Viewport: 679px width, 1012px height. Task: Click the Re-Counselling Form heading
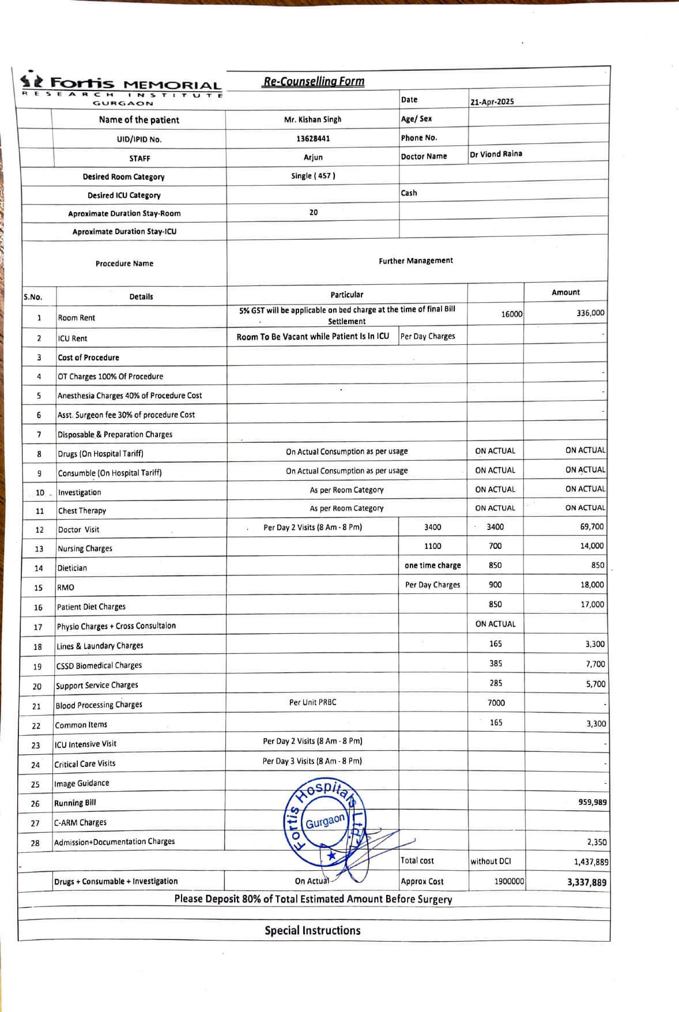click(x=313, y=81)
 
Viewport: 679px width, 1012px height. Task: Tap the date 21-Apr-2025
click(x=492, y=101)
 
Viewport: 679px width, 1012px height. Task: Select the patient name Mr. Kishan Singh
click(x=312, y=119)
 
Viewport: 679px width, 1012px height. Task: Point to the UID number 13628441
click(x=313, y=138)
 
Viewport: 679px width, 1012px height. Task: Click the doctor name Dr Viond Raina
click(x=496, y=154)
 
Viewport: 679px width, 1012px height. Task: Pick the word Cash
click(x=409, y=193)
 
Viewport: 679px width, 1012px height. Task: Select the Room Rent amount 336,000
click(x=590, y=313)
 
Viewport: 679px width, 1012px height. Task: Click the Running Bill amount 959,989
click(x=592, y=802)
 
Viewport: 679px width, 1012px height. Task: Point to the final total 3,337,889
click(x=586, y=882)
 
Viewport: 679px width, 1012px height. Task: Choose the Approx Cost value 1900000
click(x=509, y=882)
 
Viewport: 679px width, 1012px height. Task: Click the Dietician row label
click(x=72, y=568)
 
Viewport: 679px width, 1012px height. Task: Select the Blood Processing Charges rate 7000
click(x=496, y=702)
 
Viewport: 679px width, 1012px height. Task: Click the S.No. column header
click(x=33, y=297)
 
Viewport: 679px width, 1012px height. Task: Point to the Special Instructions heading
click(x=312, y=930)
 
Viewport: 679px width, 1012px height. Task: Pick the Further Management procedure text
click(x=416, y=261)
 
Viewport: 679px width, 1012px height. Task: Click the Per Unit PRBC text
click(x=312, y=702)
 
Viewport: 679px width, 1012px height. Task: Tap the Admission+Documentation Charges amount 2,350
click(x=597, y=842)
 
